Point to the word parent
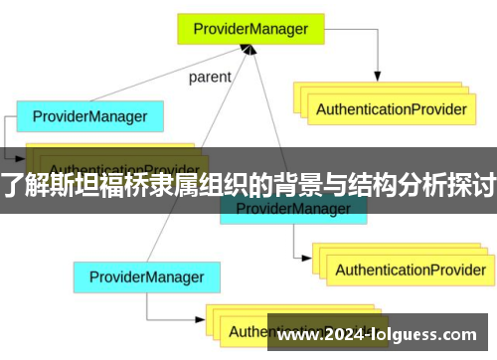pyautogui.click(x=210, y=77)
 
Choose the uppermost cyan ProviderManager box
pyautogui.click(x=90, y=116)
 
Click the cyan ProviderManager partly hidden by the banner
pyautogui.click(x=292, y=209)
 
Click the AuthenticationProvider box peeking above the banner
pyautogui.click(x=119, y=159)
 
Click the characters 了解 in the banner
pyautogui.click(x=22, y=183)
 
